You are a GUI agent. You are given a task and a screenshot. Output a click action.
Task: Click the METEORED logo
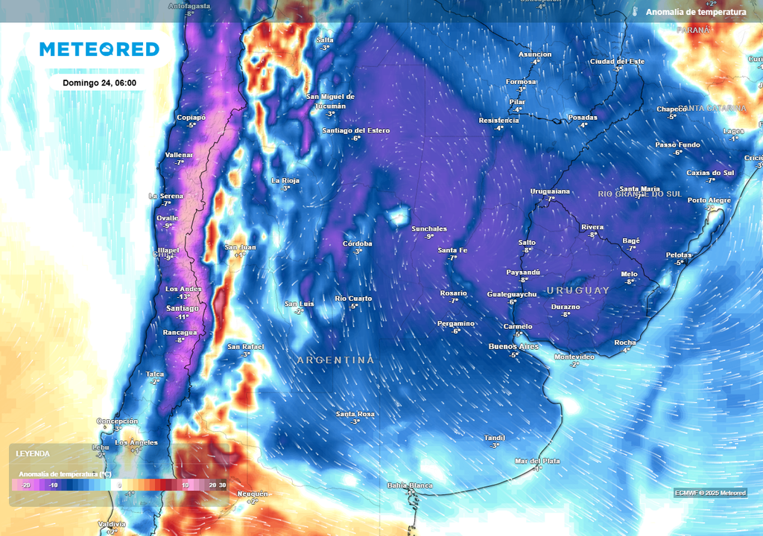pyautogui.click(x=99, y=49)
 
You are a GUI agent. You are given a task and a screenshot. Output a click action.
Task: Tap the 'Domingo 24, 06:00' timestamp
pyautogui.click(x=99, y=83)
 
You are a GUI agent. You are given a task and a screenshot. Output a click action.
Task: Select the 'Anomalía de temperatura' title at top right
pyautogui.click(x=696, y=12)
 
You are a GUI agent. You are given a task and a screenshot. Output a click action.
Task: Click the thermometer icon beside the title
pyautogui.click(x=635, y=12)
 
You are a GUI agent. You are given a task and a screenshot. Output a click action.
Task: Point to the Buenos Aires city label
pyautogui.click(x=513, y=347)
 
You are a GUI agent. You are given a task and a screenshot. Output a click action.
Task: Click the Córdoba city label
pyautogui.click(x=357, y=243)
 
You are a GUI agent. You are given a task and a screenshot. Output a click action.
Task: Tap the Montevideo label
pyautogui.click(x=574, y=357)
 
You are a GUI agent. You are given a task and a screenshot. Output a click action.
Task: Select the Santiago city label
pyautogui.click(x=183, y=308)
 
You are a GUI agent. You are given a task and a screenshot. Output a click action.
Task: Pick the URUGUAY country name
pyautogui.click(x=578, y=290)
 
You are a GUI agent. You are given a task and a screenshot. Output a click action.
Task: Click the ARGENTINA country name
pyautogui.click(x=335, y=360)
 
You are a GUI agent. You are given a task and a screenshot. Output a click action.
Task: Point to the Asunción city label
pyautogui.click(x=535, y=54)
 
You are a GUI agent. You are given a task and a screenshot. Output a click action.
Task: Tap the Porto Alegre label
pyautogui.click(x=709, y=200)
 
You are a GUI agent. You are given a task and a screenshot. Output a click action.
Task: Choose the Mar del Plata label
pyautogui.click(x=537, y=461)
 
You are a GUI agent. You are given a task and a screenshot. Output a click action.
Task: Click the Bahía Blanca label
pyautogui.click(x=410, y=485)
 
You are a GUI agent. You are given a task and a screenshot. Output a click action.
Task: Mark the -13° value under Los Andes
pyautogui.click(x=183, y=297)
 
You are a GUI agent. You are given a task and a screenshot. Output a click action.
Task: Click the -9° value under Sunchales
pyautogui.click(x=429, y=237)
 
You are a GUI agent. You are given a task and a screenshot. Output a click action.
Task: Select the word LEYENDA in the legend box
pyautogui.click(x=33, y=453)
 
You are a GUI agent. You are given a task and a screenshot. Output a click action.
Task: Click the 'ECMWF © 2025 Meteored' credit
pyautogui.click(x=710, y=493)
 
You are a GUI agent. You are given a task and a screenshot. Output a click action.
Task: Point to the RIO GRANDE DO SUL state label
pyautogui.click(x=639, y=194)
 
